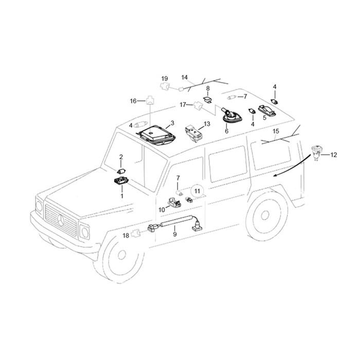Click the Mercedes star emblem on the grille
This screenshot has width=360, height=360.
[61, 220]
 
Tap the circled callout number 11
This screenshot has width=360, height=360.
[197, 191]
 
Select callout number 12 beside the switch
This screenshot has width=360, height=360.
[334, 155]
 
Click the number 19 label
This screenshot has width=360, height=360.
[165, 79]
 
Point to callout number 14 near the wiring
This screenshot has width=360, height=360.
[184, 78]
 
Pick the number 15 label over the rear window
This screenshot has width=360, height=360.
[276, 131]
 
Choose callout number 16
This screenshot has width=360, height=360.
[133, 101]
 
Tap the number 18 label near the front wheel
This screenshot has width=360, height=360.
[126, 236]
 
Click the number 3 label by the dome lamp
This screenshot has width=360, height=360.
[172, 123]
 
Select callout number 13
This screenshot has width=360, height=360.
[207, 124]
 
